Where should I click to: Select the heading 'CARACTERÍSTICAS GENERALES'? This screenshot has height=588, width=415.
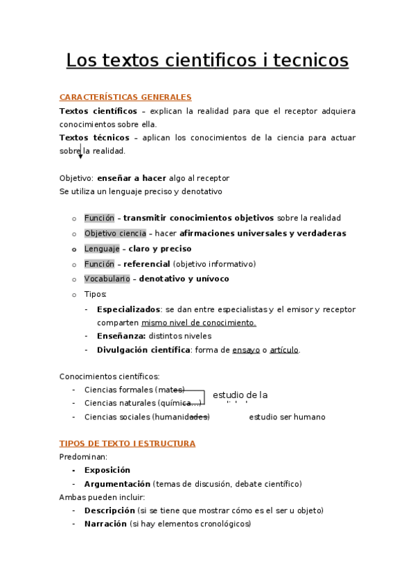pos(125,97)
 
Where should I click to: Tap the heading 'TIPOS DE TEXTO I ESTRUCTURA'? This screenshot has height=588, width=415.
pos(127,443)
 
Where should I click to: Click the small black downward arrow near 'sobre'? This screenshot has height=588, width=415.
pos(80,156)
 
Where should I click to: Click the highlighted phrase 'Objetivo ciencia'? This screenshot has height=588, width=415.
pos(115,233)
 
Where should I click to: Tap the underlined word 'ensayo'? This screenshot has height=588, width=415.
pos(246,350)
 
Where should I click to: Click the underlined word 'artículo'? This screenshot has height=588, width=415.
pos(284,350)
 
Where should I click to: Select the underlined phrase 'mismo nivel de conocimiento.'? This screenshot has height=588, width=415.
pos(199,322)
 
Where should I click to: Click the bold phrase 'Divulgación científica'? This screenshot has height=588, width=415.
pos(143,350)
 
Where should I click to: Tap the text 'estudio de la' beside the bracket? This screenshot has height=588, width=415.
pos(240,395)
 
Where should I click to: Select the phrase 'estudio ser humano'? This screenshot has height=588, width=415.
pos(287,417)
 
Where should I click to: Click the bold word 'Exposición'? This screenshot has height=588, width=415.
pos(107,470)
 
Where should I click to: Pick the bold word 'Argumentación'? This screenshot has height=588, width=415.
pos(117,484)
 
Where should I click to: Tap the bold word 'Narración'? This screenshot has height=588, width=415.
pos(105,524)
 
